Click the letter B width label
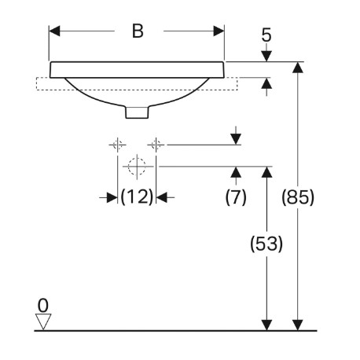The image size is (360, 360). tap(138, 31)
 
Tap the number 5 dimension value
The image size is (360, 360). tap(266, 35)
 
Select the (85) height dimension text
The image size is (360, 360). tap(298, 197)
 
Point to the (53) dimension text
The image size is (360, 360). tap(266, 244)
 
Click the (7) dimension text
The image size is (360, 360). tap(236, 197)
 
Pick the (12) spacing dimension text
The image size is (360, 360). tap(137, 197)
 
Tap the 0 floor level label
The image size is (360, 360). tap(43, 305)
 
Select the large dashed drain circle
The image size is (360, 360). tap(137, 166)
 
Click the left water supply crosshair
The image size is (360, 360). tap(117, 145)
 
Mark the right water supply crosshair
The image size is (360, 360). tap(156, 145)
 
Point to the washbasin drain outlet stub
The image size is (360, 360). tap(137, 112)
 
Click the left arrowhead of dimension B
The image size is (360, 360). tap(54, 31)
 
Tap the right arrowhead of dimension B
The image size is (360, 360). tap(219, 31)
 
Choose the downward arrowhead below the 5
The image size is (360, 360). tap(266, 57)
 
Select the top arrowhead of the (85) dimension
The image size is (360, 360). tap(298, 68)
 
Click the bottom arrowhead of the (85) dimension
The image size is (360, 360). tap(298, 325)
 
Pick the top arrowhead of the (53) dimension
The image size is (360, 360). tap(266, 172)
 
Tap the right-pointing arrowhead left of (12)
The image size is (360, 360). tap(112, 197)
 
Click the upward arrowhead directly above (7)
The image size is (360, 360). tap(236, 172)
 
